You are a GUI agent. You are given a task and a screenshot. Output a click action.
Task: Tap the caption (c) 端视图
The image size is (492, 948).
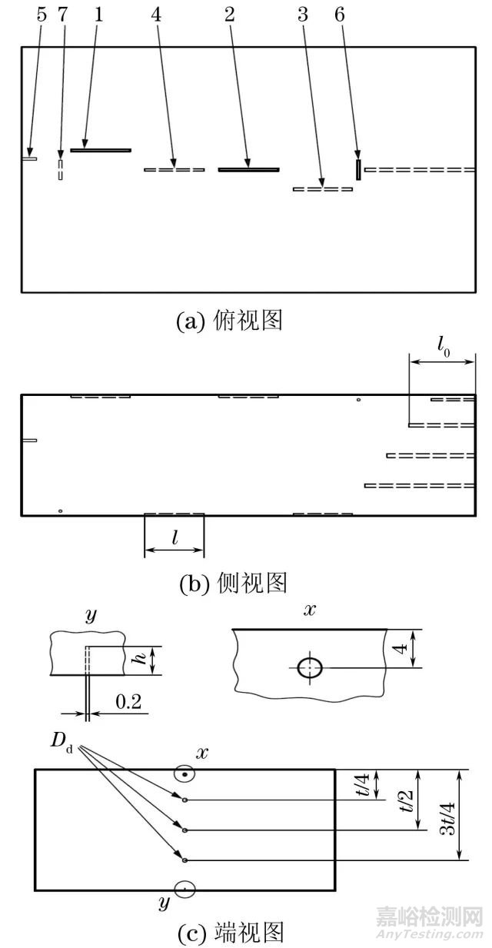point(231,933)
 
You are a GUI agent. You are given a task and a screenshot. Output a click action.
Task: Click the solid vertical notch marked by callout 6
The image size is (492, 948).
point(358,169)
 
